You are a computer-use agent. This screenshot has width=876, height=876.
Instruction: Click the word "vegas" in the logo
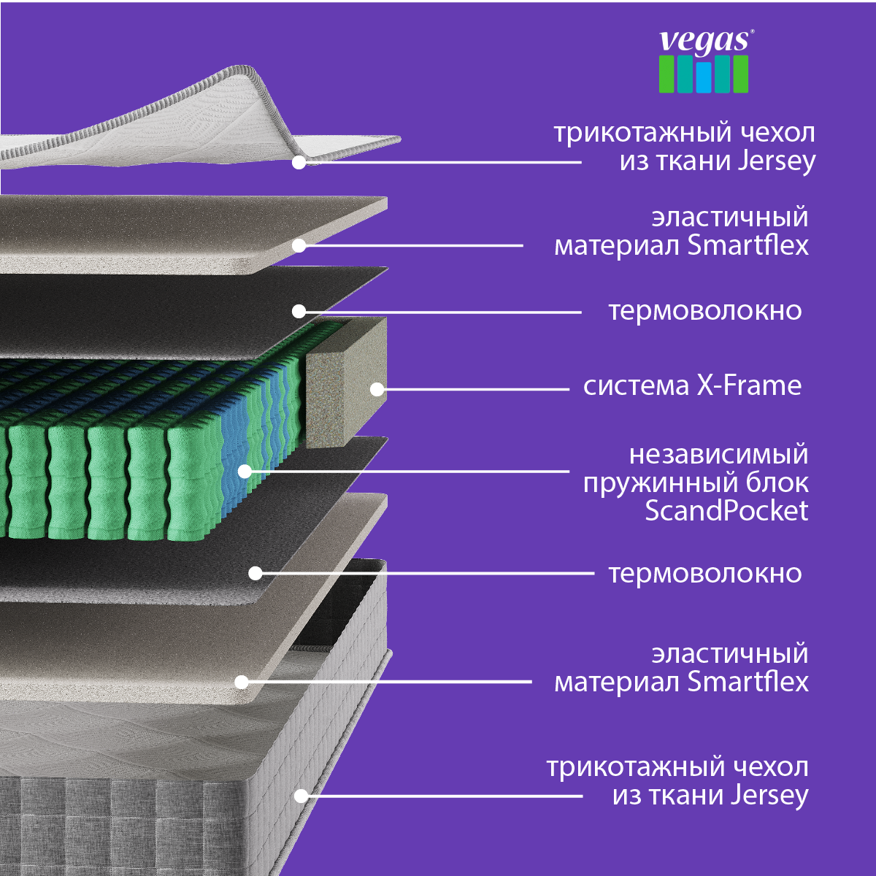[x=703, y=42]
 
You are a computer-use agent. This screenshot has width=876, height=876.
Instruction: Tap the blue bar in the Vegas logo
[x=703, y=77]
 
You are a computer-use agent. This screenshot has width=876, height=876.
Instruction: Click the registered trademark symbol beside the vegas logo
[x=752, y=32]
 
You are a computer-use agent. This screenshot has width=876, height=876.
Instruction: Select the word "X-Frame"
[x=749, y=386]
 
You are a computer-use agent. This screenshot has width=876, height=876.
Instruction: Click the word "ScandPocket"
[x=726, y=510]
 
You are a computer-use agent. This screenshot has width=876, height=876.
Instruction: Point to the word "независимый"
[x=719, y=455]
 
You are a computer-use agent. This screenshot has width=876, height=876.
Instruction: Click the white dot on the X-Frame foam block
[x=377, y=389]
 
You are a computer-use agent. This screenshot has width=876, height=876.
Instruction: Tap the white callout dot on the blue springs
[x=245, y=472]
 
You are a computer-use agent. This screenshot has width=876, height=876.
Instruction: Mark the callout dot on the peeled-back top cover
[x=299, y=162]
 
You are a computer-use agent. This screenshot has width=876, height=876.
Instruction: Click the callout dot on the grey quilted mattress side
[x=301, y=796]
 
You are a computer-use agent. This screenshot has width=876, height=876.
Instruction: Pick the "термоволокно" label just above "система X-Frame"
[x=705, y=312]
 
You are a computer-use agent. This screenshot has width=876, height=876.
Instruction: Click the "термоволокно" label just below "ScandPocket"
[x=705, y=574]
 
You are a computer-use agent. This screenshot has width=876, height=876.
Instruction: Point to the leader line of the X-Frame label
[x=473, y=389]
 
